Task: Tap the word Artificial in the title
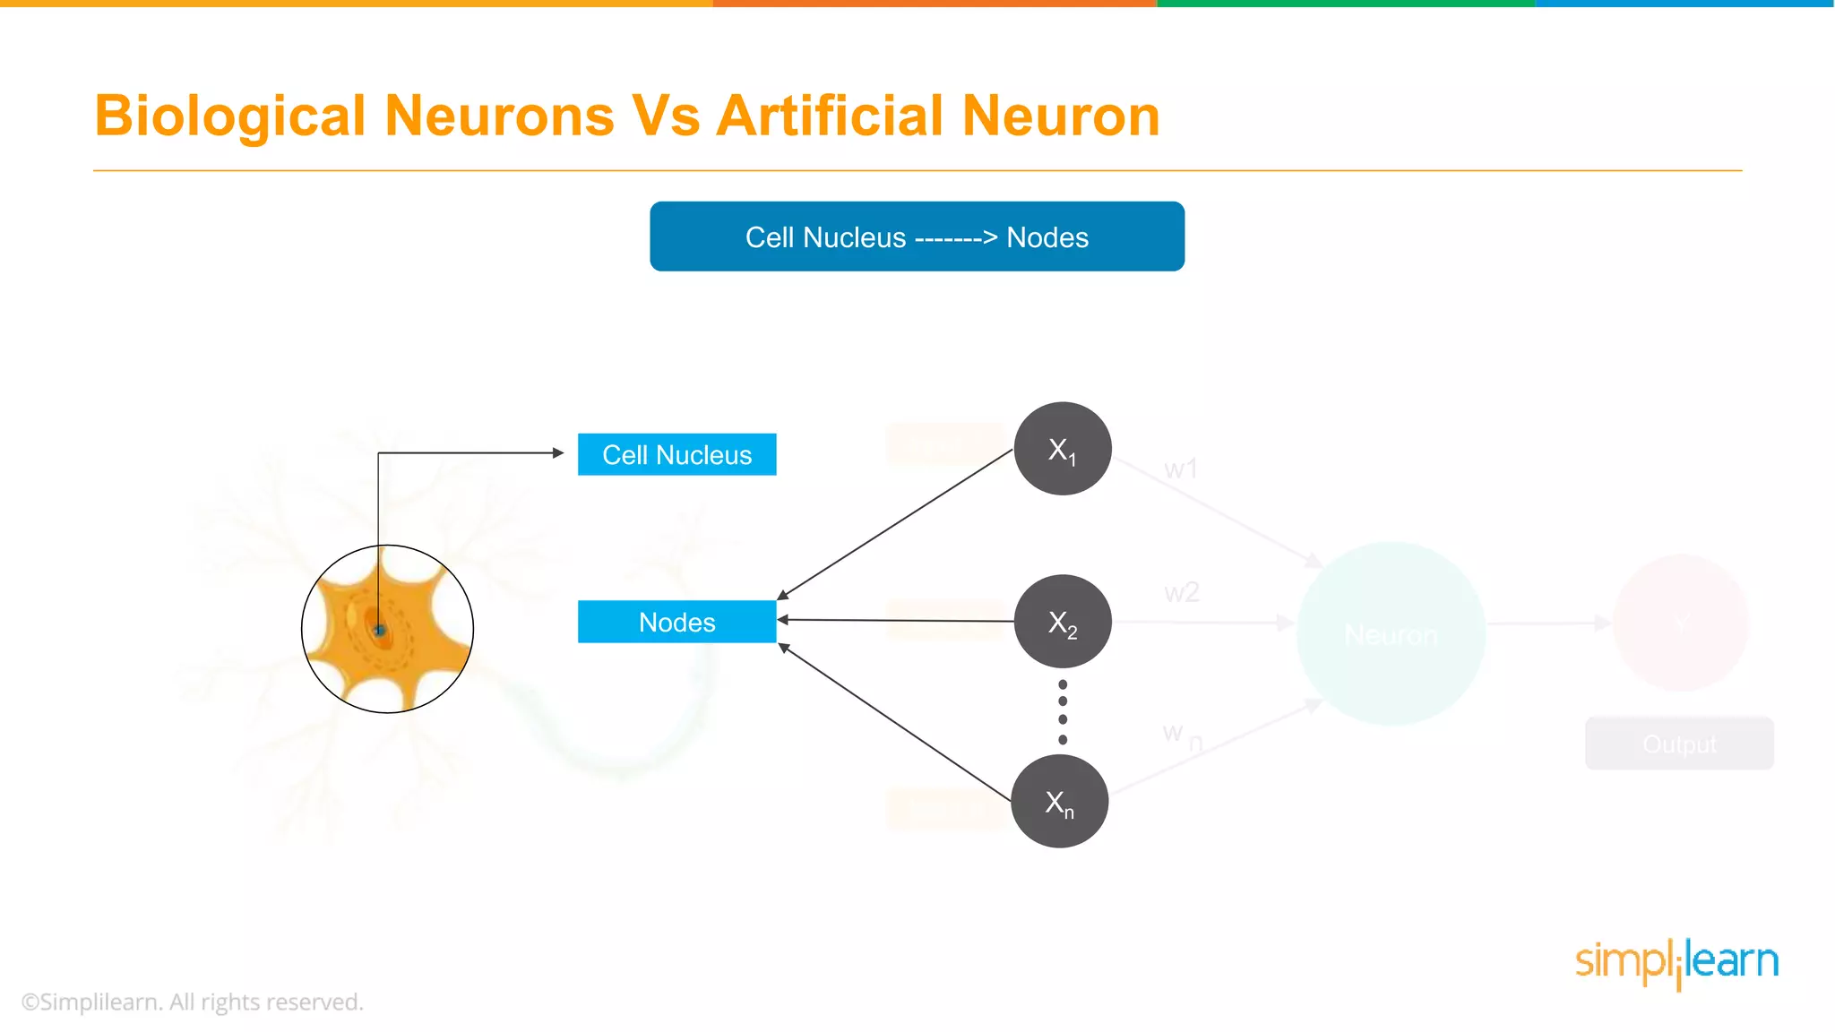tap(830, 116)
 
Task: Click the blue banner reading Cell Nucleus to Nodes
tap(917, 236)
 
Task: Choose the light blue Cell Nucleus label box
tap(676, 454)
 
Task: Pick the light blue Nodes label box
tap(676, 622)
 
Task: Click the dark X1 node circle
tap(1063, 448)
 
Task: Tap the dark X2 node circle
tap(1063, 621)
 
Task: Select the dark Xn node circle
tap(1059, 801)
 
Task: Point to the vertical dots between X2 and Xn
tap(1063, 711)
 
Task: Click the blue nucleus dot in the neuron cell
tap(379, 631)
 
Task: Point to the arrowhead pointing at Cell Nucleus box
tap(558, 453)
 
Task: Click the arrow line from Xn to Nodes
tap(896, 722)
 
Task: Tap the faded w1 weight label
tap(1180, 469)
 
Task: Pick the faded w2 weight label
tap(1181, 592)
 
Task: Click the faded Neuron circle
tap(1391, 633)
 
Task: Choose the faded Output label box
tap(1679, 744)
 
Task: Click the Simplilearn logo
tap(1676, 962)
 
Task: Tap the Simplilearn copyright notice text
tap(193, 1002)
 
